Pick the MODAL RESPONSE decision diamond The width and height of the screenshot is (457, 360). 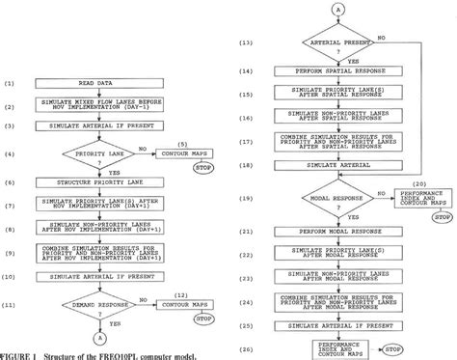point(334,200)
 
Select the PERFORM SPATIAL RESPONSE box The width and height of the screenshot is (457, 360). point(334,71)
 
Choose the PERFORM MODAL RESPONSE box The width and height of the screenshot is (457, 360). point(334,233)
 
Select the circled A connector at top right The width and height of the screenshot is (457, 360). point(334,9)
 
